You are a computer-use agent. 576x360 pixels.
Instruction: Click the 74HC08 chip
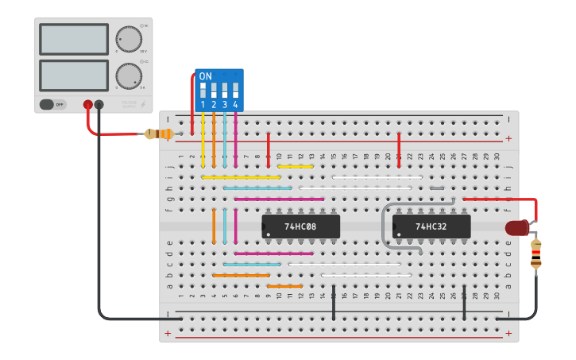301,226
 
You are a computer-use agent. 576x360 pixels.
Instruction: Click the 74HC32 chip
431,226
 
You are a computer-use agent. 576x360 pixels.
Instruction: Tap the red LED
517,229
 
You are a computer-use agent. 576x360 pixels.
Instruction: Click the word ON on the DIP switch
206,77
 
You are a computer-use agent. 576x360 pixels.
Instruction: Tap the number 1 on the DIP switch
203,105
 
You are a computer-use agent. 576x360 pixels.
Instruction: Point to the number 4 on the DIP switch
235,105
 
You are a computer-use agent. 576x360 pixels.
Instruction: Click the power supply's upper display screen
73,39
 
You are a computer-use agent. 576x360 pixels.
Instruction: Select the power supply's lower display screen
73,75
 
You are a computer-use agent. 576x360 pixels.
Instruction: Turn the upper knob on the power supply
128,39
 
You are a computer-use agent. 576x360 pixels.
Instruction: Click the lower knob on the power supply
128,76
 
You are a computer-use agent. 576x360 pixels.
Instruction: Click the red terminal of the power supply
87,104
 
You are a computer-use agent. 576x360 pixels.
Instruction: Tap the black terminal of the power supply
99,104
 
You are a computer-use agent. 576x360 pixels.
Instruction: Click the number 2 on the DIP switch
214,105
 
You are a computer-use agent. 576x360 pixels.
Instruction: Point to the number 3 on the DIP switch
225,105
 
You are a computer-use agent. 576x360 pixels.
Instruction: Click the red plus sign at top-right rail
508,138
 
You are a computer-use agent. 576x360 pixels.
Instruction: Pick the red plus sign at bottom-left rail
168,334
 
